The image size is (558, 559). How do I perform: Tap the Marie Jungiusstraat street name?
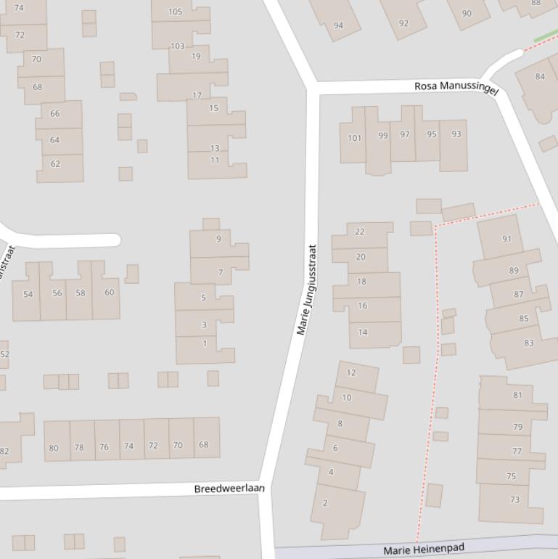point(307,289)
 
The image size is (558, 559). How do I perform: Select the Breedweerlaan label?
point(229,489)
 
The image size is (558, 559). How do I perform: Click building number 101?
point(354,137)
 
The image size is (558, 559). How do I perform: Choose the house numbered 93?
point(456,134)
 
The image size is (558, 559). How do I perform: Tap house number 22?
point(360,232)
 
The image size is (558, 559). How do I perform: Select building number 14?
point(363,332)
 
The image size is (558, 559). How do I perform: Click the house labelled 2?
point(325,502)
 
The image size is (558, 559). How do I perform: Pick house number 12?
point(351,372)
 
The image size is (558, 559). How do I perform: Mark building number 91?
point(506,238)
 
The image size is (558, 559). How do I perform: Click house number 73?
point(515,499)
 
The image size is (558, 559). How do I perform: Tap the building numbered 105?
point(175,12)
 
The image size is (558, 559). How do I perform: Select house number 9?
point(218,239)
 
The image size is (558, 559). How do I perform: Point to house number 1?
point(205,343)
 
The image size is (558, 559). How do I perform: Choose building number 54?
point(28,294)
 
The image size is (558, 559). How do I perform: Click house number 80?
point(54,448)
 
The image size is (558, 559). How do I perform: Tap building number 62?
point(55,163)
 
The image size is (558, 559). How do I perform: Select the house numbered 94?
point(338,25)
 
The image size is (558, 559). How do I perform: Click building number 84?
point(540,76)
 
